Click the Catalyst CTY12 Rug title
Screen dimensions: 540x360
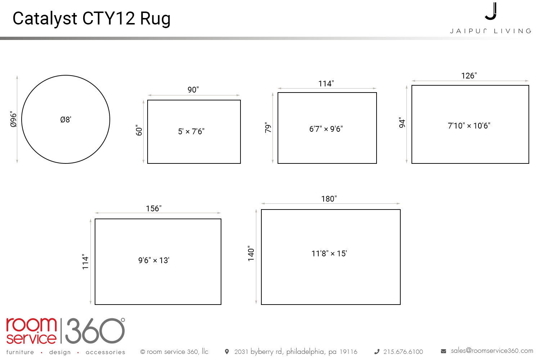[91, 19]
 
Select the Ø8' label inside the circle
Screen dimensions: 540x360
[66, 120]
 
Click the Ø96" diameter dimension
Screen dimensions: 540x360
[14, 119]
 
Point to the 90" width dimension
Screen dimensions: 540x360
[193, 90]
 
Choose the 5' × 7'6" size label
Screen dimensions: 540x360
[191, 131]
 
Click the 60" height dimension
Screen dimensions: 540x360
[139, 130]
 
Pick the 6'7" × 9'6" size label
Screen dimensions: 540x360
[326, 129]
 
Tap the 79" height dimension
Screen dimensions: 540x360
[268, 127]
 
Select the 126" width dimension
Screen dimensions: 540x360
[469, 76]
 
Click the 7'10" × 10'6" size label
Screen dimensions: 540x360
[469, 126]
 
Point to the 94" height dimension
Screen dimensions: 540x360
[402, 122]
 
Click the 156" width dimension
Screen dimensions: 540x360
[154, 208]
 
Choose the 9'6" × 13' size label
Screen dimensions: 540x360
[154, 260]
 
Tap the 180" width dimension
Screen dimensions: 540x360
[329, 199]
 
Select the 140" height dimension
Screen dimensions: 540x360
[251, 253]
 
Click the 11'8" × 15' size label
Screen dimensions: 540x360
[329, 254]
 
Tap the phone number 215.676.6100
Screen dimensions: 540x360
[403, 352]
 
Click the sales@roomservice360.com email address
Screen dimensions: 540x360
[492, 351]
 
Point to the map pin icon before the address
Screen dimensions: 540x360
[226, 352]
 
